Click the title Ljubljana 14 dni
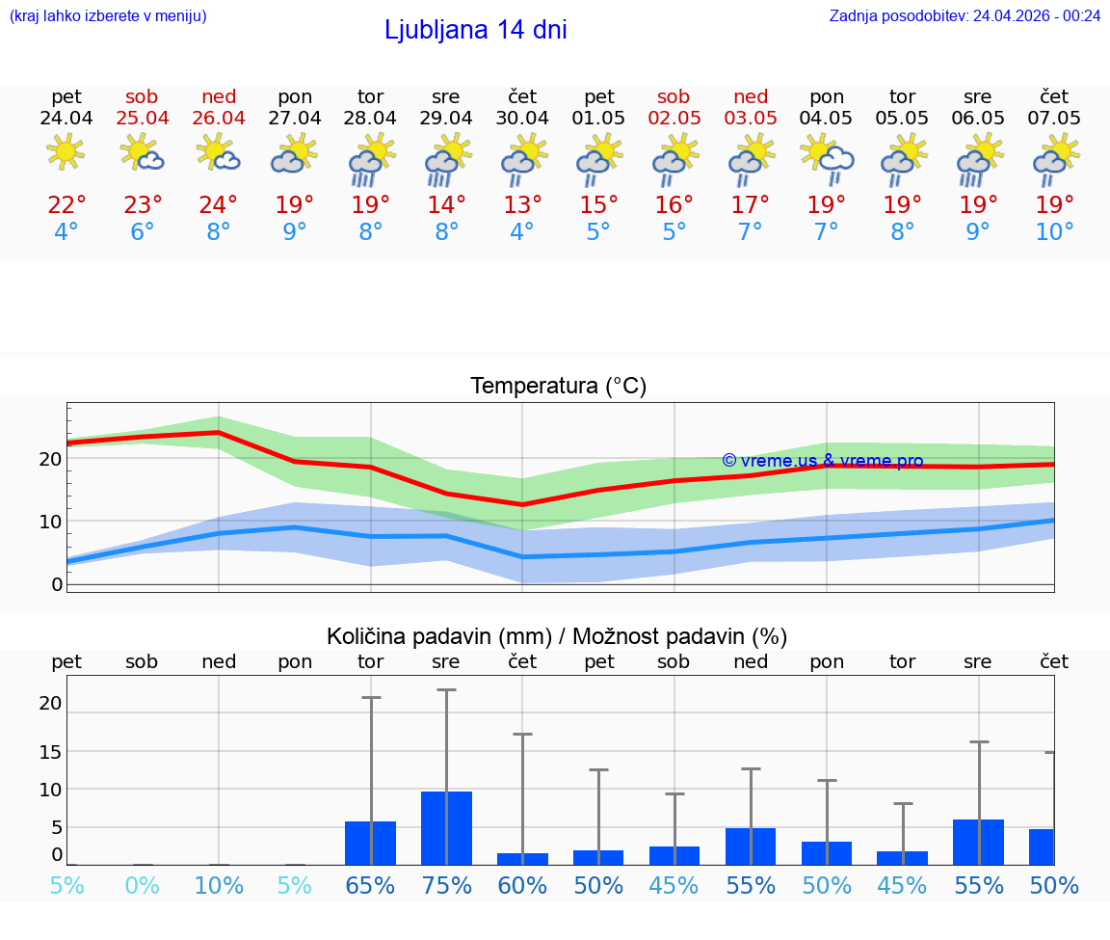click(475, 30)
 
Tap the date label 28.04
click(370, 118)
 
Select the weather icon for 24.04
click(66, 153)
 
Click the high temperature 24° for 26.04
click(219, 205)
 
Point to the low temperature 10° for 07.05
click(1054, 231)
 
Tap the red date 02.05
click(674, 118)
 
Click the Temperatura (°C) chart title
click(558, 386)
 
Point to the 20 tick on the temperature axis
click(50, 458)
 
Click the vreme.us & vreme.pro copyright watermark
click(822, 461)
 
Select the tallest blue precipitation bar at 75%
click(446, 828)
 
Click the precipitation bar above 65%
click(370, 843)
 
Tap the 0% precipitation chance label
click(142, 885)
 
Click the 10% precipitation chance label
click(219, 885)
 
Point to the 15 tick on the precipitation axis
click(50, 751)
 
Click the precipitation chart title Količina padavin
click(557, 636)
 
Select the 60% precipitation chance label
click(522, 885)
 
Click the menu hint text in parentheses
click(108, 15)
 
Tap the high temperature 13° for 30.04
click(522, 205)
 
